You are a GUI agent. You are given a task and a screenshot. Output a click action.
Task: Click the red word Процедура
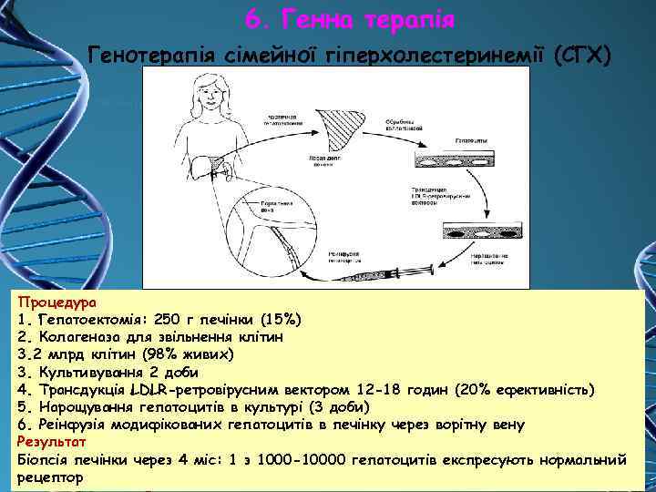pyautogui.click(x=60, y=302)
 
